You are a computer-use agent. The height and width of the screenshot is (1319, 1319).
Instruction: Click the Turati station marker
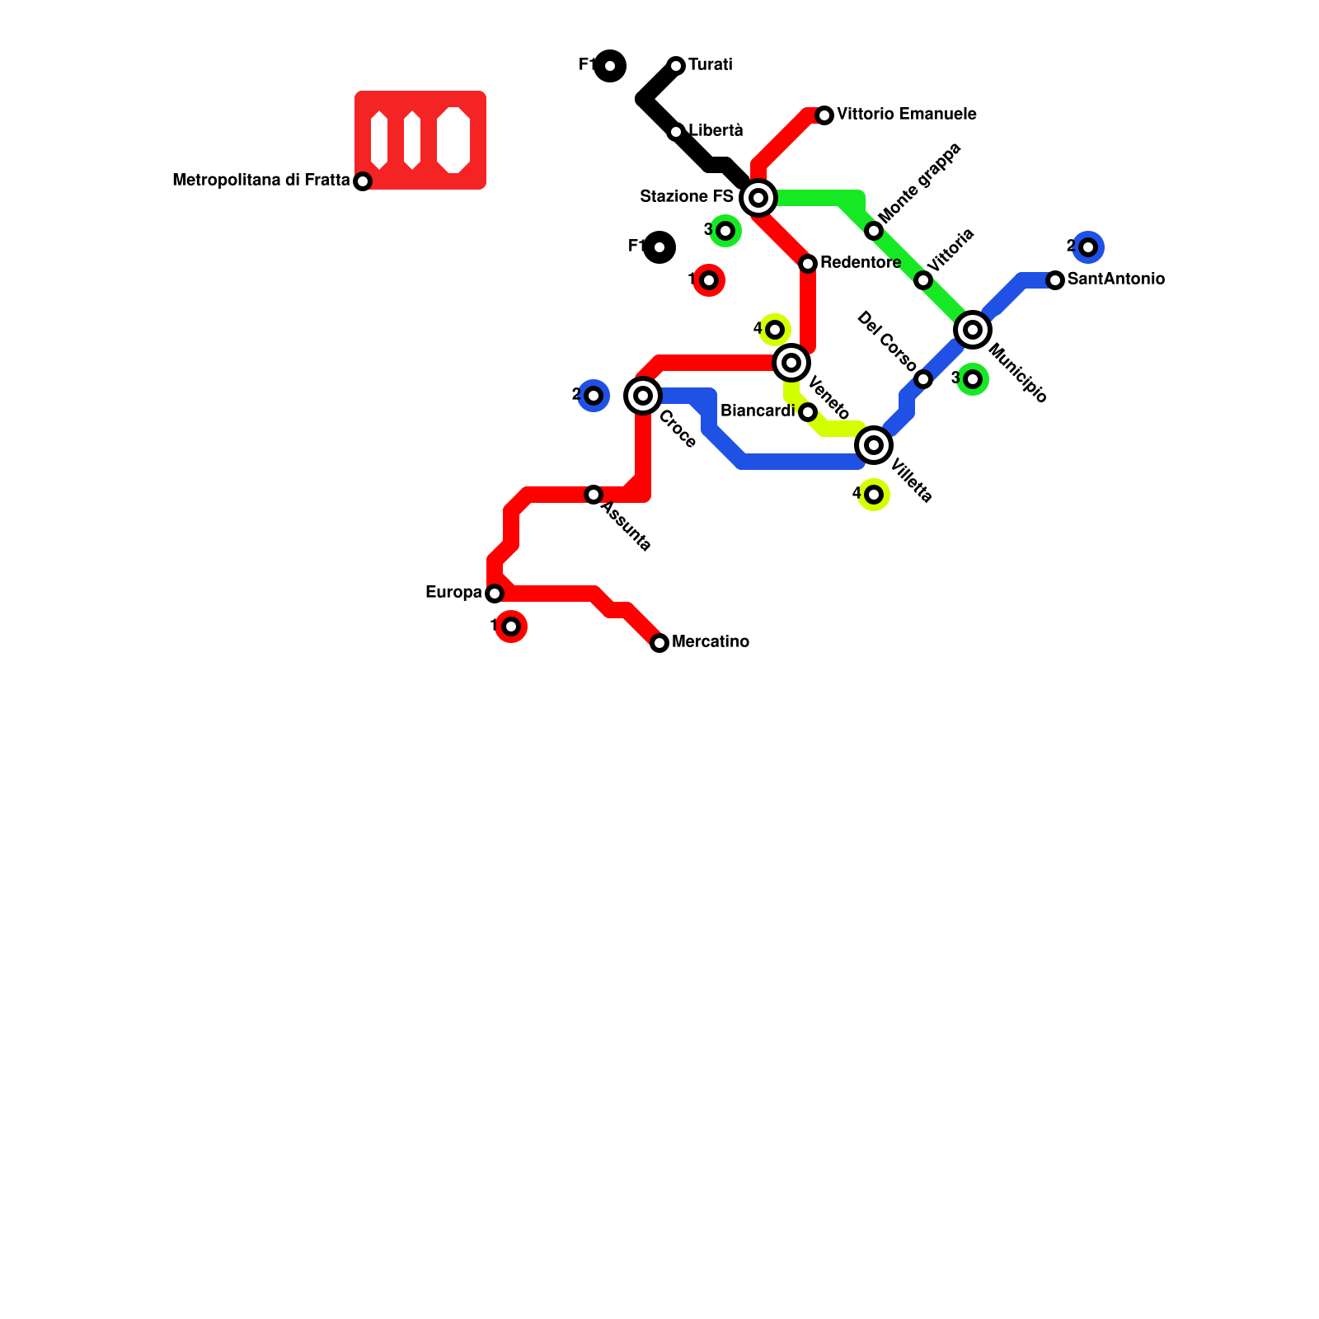[x=676, y=65]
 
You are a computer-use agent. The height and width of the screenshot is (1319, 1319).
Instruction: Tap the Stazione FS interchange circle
[x=758, y=198]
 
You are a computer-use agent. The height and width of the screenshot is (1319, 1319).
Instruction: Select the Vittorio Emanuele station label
[x=906, y=114]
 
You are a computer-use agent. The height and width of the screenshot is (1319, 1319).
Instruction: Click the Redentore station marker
[x=808, y=264]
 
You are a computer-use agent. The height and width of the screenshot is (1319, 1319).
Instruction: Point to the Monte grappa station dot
[x=874, y=231]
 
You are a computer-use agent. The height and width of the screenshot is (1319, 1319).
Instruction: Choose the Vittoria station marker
[x=923, y=280]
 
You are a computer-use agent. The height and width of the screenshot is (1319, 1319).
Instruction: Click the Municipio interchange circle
[x=973, y=330]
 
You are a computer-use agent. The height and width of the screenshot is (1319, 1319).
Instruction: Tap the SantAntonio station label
[x=1115, y=279]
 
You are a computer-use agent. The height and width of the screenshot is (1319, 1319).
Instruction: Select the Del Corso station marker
[x=923, y=379]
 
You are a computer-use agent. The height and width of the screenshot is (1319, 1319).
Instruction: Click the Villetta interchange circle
[x=874, y=445]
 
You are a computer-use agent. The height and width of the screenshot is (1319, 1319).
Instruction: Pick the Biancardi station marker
[x=808, y=412]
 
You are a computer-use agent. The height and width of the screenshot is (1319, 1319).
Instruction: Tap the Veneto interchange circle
[x=791, y=362]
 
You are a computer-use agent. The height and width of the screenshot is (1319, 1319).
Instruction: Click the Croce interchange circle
[x=643, y=396]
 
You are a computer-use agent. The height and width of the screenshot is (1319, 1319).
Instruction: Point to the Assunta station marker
[x=594, y=495]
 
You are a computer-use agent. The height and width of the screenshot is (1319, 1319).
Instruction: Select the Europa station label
[x=453, y=593]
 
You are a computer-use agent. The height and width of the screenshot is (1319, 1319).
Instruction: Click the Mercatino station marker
[x=659, y=643]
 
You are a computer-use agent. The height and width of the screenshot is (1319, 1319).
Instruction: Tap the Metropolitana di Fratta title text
[x=261, y=180]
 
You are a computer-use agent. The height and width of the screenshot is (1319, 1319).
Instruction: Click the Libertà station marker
[x=676, y=132]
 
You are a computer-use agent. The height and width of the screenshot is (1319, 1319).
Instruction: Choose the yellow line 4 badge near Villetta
[x=874, y=495]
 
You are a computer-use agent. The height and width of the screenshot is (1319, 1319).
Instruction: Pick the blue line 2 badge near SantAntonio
[x=1088, y=247]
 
